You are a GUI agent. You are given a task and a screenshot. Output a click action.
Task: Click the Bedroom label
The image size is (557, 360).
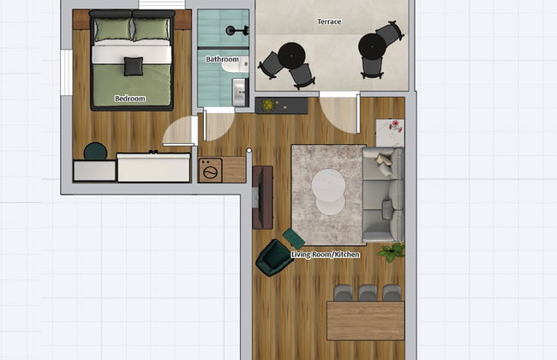[130, 99]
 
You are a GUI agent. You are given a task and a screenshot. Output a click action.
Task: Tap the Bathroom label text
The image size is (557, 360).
[222, 60]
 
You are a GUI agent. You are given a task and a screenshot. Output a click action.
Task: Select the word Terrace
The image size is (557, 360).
[329, 21]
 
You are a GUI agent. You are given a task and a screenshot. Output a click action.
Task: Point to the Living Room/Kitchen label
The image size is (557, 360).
[326, 255]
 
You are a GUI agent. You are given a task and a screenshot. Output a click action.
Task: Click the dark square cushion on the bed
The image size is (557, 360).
[133, 66]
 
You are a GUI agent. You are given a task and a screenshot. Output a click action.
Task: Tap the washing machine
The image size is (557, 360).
[211, 170]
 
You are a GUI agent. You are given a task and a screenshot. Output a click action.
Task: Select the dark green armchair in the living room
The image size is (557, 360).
[273, 257]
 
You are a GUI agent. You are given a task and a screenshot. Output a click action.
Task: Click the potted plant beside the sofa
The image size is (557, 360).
[392, 252]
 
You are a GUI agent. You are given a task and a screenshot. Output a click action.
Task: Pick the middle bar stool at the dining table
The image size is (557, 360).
[368, 293]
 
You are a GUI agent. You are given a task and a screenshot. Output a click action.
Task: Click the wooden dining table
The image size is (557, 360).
[365, 321]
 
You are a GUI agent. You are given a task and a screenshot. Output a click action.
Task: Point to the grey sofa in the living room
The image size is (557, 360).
[383, 195]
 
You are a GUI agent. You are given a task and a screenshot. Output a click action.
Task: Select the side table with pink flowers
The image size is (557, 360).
[390, 133]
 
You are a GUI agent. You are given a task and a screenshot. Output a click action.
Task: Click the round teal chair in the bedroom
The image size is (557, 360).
[95, 153]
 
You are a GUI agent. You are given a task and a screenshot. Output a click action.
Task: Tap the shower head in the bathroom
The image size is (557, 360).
[232, 31]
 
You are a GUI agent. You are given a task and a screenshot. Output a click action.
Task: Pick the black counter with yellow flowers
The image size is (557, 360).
[281, 105]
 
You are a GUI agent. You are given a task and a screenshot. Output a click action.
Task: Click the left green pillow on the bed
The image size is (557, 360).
[112, 31]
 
